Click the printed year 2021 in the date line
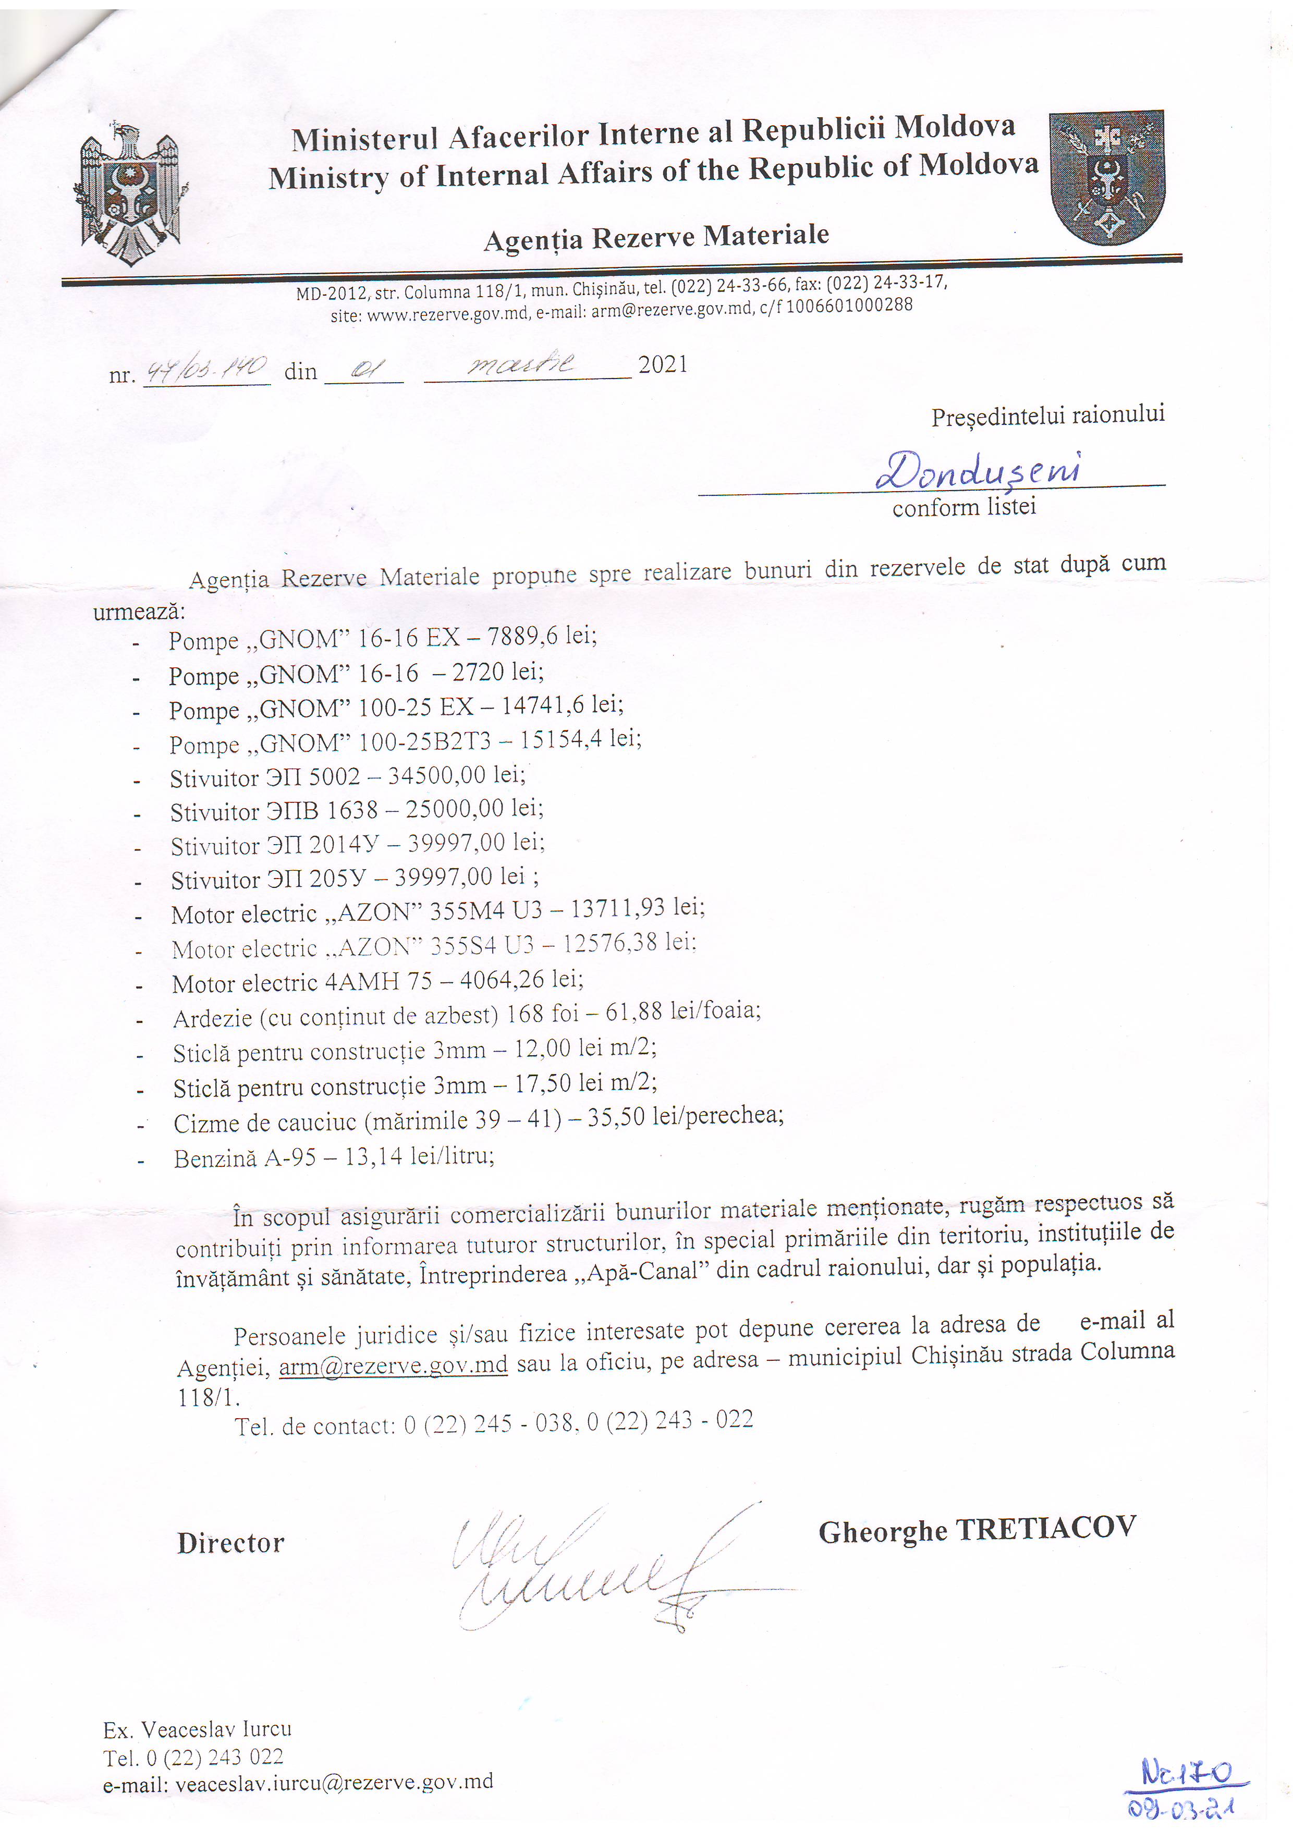click(663, 365)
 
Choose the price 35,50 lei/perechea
click(685, 1117)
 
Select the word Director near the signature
click(230, 1543)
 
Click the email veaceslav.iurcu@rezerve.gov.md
click(334, 1782)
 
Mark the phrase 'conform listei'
click(964, 507)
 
